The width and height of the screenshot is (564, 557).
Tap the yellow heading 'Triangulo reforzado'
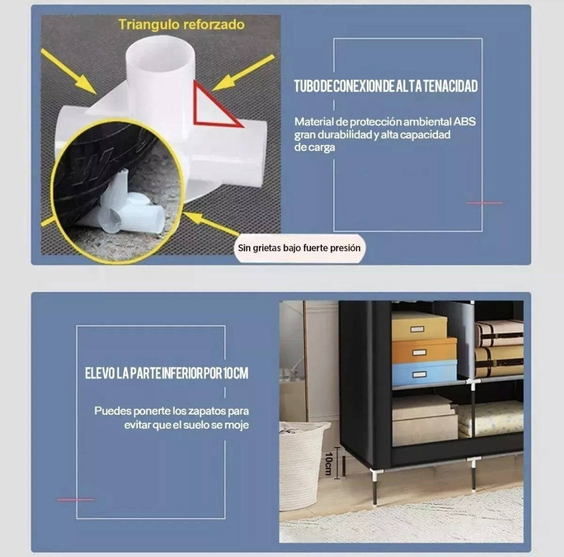tap(181, 25)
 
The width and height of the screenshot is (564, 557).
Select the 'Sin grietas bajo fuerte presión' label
tap(300, 248)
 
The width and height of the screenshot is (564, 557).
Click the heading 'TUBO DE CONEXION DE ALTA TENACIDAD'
tap(386, 86)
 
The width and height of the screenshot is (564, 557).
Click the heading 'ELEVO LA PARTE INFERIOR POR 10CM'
tap(167, 373)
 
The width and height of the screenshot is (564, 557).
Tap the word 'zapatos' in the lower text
tap(207, 411)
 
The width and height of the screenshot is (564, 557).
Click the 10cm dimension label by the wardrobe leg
tap(328, 464)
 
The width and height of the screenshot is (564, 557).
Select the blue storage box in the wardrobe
tap(424, 373)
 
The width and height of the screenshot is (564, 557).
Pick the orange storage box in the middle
tap(424, 351)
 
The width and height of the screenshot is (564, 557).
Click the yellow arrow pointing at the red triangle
tap(244, 72)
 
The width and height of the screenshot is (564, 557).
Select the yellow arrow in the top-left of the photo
tap(68, 71)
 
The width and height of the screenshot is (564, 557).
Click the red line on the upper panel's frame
tap(485, 203)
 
